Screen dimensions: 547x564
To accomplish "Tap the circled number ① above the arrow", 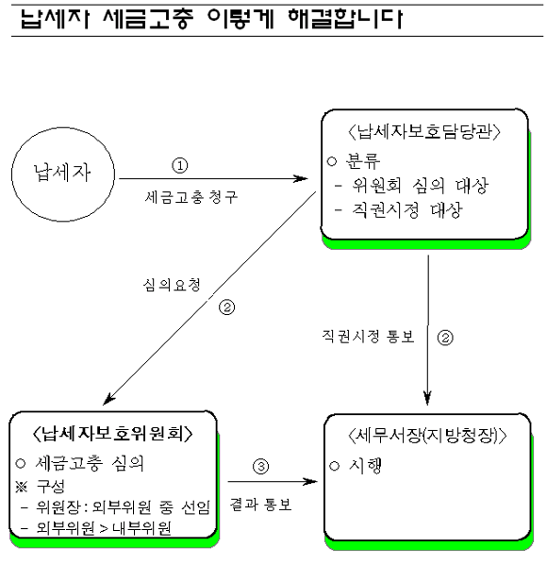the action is [180, 165].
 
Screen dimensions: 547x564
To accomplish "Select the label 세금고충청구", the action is [191, 197].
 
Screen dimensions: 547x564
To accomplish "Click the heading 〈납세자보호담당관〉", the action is [424, 131].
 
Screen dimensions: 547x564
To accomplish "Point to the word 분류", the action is [362, 160].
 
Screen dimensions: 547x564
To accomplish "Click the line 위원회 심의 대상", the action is [420, 186].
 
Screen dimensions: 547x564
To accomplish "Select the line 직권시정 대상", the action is [406, 210].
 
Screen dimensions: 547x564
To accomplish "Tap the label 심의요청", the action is [172, 285].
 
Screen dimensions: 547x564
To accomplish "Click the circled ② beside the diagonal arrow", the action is [226, 307].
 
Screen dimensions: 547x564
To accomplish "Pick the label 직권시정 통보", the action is [368, 337].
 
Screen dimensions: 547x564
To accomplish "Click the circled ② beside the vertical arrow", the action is [445, 338].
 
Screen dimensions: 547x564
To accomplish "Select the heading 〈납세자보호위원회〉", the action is [112, 434].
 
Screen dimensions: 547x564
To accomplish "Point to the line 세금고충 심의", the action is [90, 463].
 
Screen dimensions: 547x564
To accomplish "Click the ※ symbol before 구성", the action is [22, 487].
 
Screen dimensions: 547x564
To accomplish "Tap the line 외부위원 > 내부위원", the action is [104, 528].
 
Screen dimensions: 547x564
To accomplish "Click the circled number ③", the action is [260, 467].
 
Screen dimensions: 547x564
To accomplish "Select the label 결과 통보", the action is [260, 505].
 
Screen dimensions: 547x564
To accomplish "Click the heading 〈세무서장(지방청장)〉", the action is [427, 436].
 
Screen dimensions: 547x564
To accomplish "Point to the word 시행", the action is [365, 466].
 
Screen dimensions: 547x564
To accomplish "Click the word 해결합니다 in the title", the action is [345, 19].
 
